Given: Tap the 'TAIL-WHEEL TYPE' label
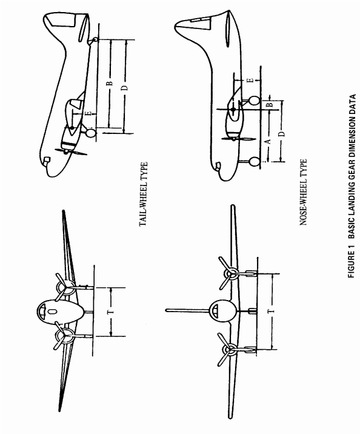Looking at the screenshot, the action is tap(144, 195).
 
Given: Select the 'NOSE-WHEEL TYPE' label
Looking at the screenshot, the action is tap(303, 192).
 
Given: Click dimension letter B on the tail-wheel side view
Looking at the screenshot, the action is tap(110, 83).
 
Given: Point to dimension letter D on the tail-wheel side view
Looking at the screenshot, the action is tap(125, 88).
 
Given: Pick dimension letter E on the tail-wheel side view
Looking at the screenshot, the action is tap(88, 113).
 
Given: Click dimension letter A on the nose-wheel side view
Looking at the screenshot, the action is tap(268, 141).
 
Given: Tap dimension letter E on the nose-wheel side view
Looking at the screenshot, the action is tap(250, 80).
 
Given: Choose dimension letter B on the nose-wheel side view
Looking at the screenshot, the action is tap(270, 105).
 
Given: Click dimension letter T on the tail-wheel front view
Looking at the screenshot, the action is tap(111, 312).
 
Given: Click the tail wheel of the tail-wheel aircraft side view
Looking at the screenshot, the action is tap(95, 39).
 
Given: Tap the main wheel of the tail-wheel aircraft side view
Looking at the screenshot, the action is tap(90, 133).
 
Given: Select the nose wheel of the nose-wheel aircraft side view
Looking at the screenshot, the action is tap(255, 161).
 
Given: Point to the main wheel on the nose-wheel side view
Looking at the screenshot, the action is tap(255, 101).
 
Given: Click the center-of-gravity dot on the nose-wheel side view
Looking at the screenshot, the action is tap(233, 110).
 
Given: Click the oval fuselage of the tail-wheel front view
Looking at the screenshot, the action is tap(60, 312).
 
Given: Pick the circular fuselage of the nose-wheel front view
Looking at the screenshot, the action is tap(222, 312).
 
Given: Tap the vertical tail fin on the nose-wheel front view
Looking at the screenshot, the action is tap(187, 310).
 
